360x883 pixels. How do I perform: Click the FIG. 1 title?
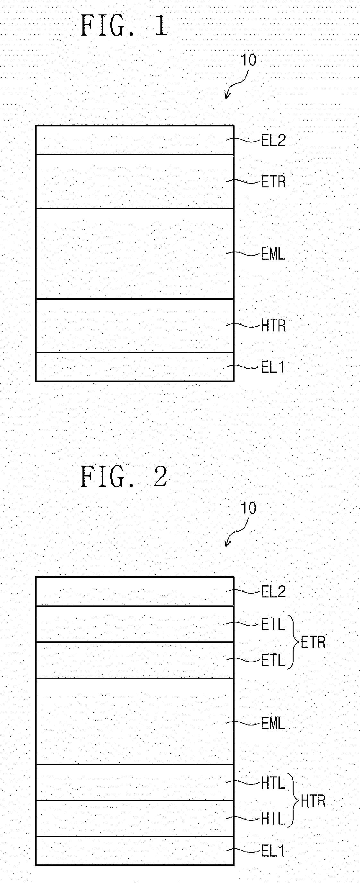point(124,26)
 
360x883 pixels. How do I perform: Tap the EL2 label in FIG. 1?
point(273,140)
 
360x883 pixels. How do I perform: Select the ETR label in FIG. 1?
point(273,182)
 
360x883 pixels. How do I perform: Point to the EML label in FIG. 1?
point(273,254)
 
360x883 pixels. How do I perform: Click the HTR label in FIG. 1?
point(273,326)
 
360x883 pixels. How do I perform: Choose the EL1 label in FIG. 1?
point(273,367)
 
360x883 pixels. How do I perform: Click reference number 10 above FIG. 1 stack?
point(249,60)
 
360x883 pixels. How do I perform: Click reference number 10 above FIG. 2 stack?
point(249,508)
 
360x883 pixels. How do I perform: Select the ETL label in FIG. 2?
point(273,660)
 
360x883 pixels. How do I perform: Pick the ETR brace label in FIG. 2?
point(313,642)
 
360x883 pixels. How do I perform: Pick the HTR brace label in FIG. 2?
point(313,801)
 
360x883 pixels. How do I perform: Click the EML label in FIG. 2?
point(273,724)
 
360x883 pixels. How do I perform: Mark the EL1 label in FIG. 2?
point(273,851)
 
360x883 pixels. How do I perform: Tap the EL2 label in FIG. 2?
point(273,591)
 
